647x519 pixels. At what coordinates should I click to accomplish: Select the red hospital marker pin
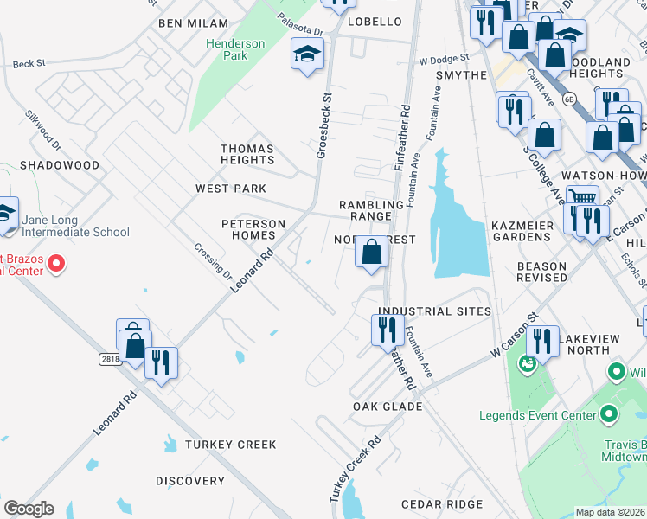click(x=57, y=262)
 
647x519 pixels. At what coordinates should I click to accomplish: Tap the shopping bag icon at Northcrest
click(x=371, y=253)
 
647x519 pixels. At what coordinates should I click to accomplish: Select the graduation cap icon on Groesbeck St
click(x=306, y=55)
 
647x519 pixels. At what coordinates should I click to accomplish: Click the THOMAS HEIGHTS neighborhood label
click(x=247, y=154)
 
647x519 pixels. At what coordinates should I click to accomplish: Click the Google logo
click(x=29, y=509)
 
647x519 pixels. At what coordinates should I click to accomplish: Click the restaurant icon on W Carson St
click(x=542, y=341)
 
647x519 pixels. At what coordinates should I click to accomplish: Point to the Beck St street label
click(x=29, y=64)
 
